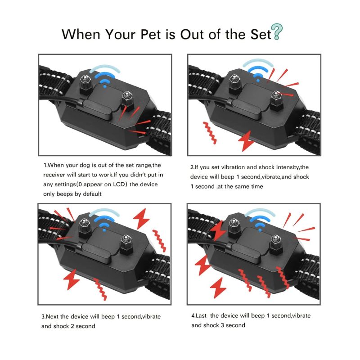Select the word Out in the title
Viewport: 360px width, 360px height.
tap(194, 34)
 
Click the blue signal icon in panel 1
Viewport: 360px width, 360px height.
tap(105, 76)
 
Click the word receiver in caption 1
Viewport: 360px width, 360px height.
tap(56, 175)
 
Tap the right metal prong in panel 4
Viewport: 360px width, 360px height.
tap(274, 245)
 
